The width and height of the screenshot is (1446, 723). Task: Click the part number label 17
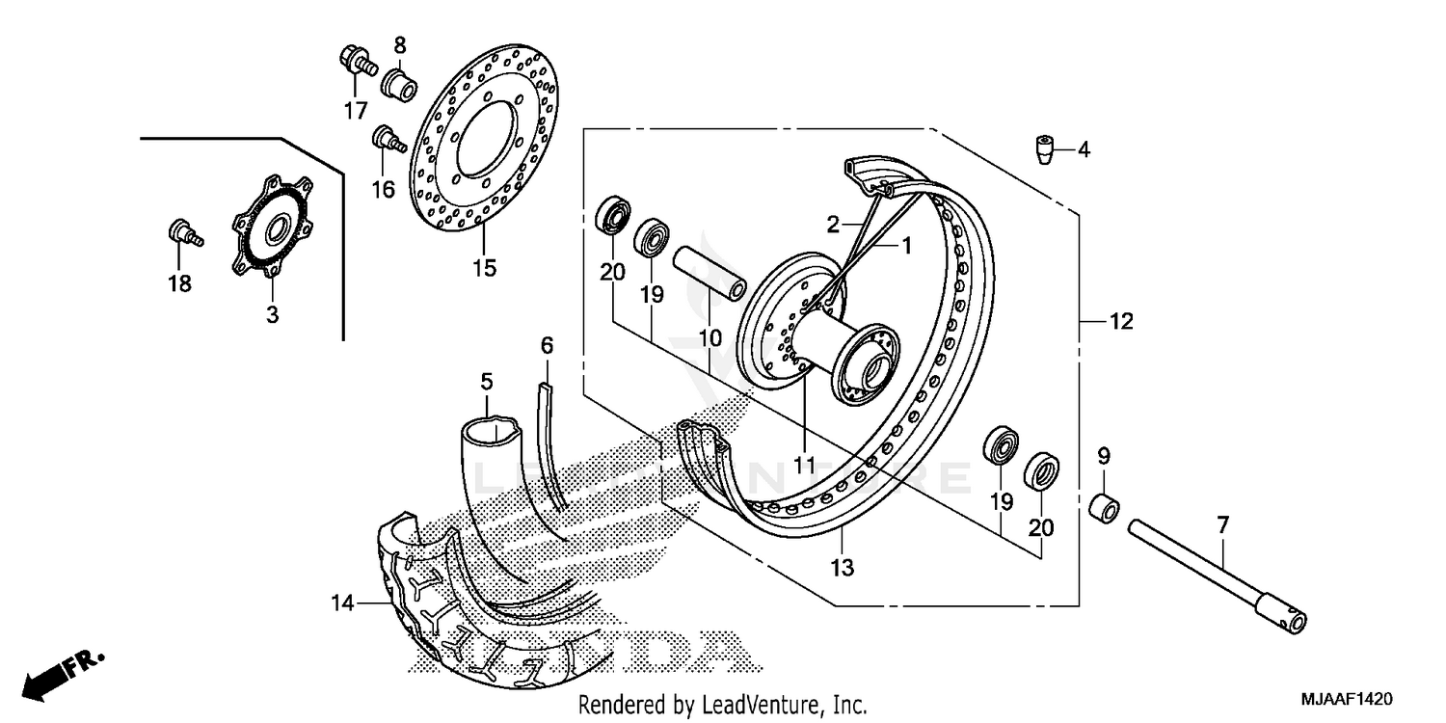click(x=356, y=110)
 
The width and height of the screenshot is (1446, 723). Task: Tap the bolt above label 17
click(x=356, y=61)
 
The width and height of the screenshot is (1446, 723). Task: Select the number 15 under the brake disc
click(x=484, y=267)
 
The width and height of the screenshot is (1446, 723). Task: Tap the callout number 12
click(x=1120, y=322)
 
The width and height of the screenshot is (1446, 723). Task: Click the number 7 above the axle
click(x=1222, y=525)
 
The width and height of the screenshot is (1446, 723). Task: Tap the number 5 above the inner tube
click(x=487, y=381)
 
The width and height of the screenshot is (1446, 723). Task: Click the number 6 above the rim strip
click(x=547, y=344)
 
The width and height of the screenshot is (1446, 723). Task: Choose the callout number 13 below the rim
click(x=842, y=568)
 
